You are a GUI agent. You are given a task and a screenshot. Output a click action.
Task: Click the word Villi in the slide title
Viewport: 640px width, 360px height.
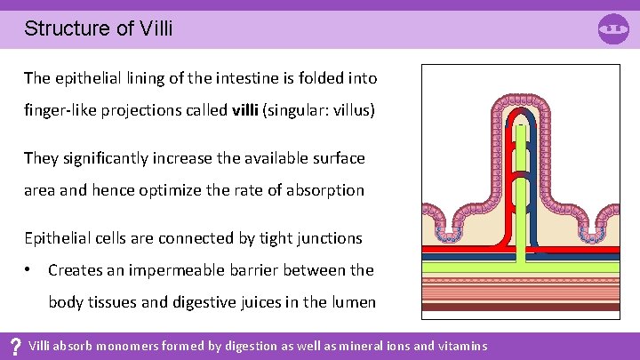156,28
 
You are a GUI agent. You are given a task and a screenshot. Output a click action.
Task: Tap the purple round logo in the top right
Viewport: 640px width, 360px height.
614,29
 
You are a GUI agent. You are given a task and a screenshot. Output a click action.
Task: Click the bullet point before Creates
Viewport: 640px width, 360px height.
29,269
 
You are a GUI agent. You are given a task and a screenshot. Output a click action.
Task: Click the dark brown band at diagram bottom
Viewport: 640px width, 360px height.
521,306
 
